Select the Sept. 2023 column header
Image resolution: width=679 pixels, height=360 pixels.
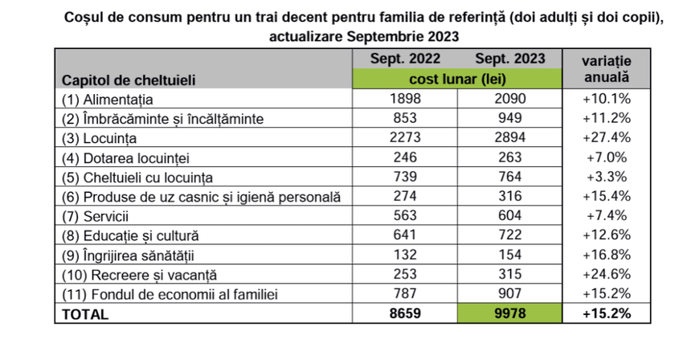click(x=510, y=59)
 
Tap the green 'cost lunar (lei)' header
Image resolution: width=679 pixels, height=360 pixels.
click(x=457, y=79)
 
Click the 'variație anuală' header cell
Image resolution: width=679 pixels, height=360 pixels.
click(x=607, y=69)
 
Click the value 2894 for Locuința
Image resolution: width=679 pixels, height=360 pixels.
click(x=510, y=138)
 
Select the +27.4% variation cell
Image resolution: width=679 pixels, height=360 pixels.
click(x=607, y=138)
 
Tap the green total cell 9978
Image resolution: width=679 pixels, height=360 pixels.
click(x=510, y=314)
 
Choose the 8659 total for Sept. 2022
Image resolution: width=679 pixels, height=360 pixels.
click(x=406, y=314)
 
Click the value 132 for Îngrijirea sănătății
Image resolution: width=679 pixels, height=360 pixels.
click(x=406, y=256)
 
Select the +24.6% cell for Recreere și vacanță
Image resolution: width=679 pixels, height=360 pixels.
click(x=607, y=276)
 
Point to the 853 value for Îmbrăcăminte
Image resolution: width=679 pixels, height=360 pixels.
click(x=406, y=119)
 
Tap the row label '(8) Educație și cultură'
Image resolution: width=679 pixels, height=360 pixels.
click(x=129, y=236)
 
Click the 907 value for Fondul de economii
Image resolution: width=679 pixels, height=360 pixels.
click(x=510, y=295)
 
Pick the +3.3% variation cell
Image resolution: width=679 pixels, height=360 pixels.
click(x=607, y=178)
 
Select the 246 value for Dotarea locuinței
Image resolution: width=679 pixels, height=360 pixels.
click(x=406, y=158)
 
